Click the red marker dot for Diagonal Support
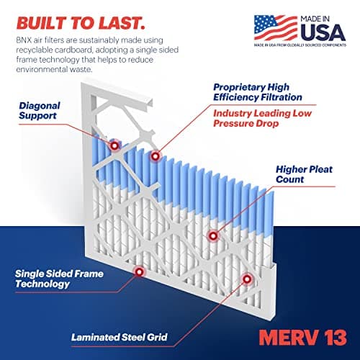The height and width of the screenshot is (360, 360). tap(114, 145)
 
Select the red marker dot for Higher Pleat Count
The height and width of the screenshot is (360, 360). tap(212, 235)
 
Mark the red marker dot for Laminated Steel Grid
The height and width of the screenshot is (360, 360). tap(246, 278)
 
